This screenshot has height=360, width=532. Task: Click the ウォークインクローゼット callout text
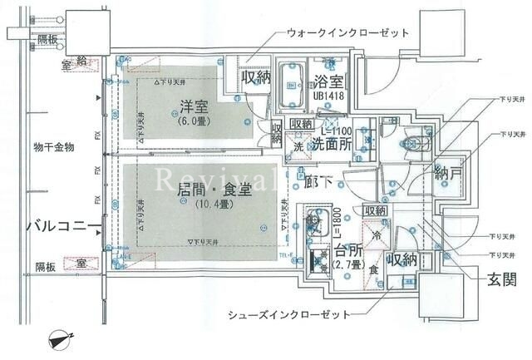(x=348, y=34)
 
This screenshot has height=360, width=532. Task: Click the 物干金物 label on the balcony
(x=55, y=147)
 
